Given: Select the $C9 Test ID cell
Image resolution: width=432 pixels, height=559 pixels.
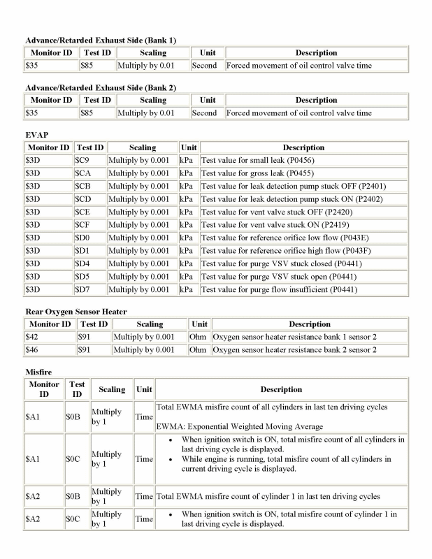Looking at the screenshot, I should pos(89,161).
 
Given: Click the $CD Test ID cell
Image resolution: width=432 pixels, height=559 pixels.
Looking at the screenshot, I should pos(89,199).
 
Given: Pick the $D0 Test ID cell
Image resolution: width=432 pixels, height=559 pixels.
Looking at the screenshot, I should pos(89,238).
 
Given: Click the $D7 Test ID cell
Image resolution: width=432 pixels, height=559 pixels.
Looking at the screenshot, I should pos(89,289).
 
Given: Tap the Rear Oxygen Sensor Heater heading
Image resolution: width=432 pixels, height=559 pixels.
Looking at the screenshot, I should pos(75,311).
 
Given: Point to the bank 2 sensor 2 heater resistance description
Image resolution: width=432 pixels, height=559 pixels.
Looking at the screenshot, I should pos(295,349).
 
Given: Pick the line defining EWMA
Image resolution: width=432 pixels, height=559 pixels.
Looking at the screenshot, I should pos(239,426).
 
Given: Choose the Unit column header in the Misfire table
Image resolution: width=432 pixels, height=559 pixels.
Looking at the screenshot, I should pos(144,389).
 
